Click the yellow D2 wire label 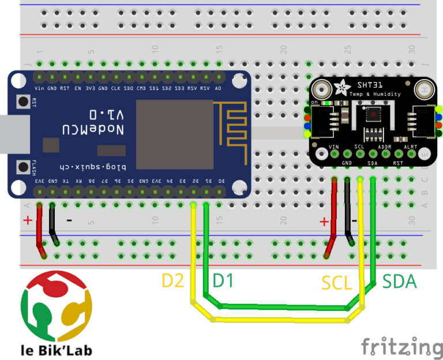pyautogui.click(x=172, y=281)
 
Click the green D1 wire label pyautogui.click(x=224, y=281)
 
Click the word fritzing pyautogui.click(x=402, y=346)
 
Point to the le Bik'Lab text pyautogui.click(x=56, y=349)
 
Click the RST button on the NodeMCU pyautogui.click(x=24, y=102)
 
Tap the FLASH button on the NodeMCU pyautogui.click(x=24, y=167)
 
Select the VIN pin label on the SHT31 pyautogui.click(x=333, y=147)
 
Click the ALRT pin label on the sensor pyautogui.click(x=411, y=147)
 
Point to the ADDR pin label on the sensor pyautogui.click(x=385, y=147)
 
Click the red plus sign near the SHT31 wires pyautogui.click(x=325, y=222)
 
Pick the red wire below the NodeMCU pyautogui.click(x=40, y=231)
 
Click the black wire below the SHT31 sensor pyautogui.click(x=348, y=213)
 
